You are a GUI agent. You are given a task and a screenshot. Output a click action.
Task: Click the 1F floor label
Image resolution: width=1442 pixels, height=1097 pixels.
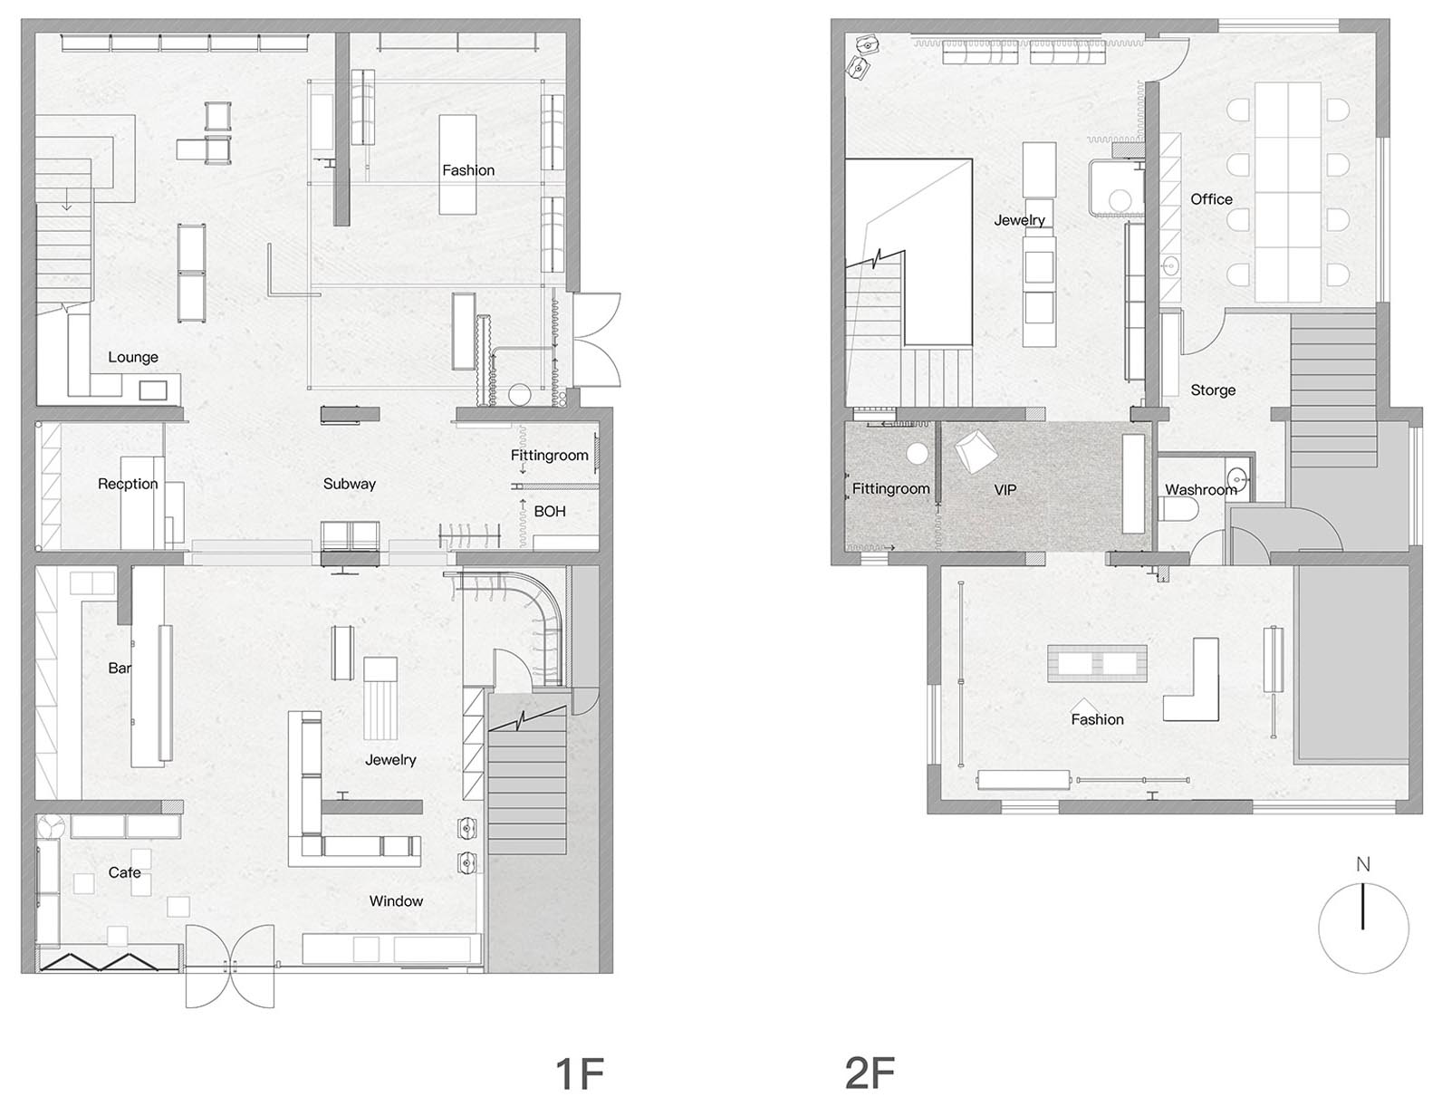point(578,1073)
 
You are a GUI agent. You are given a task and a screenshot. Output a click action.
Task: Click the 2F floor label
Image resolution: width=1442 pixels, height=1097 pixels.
point(869,1073)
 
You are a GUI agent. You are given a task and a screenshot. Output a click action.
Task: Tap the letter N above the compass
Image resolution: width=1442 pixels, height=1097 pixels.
point(1363,864)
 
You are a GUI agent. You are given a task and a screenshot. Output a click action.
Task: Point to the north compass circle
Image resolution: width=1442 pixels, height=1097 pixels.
point(1363,929)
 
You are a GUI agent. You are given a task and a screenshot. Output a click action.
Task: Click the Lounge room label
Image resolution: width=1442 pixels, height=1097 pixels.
point(133,357)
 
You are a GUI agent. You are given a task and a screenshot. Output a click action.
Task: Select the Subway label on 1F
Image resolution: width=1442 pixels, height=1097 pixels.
point(349,484)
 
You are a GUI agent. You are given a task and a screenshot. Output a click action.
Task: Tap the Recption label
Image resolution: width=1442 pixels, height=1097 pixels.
point(128,484)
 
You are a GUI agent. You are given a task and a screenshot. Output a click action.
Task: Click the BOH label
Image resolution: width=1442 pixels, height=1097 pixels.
point(549,511)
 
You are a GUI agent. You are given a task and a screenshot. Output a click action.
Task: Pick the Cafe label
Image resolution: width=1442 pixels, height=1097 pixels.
point(124,872)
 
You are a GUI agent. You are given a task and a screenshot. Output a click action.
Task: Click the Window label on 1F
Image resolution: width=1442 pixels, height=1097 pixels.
point(396,900)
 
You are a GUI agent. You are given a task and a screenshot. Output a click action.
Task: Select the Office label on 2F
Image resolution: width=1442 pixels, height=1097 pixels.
point(1211,199)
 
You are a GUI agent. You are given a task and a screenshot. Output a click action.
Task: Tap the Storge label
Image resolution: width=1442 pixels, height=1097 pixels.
point(1213,390)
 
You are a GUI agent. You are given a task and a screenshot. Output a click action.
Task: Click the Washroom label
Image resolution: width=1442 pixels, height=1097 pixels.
point(1200,489)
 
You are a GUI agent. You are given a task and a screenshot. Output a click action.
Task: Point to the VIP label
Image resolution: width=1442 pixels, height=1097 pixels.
point(1005,489)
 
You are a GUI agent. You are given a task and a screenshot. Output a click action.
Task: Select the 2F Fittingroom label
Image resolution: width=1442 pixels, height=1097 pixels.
point(890,488)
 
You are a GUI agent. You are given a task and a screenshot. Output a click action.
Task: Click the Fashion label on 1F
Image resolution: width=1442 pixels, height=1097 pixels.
point(468,170)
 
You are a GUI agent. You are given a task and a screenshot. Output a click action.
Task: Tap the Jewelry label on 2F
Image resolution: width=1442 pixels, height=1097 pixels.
point(1019,220)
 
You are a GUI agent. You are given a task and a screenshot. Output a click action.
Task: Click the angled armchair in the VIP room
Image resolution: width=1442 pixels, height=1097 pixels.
point(975,450)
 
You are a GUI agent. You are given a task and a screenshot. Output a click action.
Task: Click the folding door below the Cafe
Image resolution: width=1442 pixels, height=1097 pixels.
point(109,962)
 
